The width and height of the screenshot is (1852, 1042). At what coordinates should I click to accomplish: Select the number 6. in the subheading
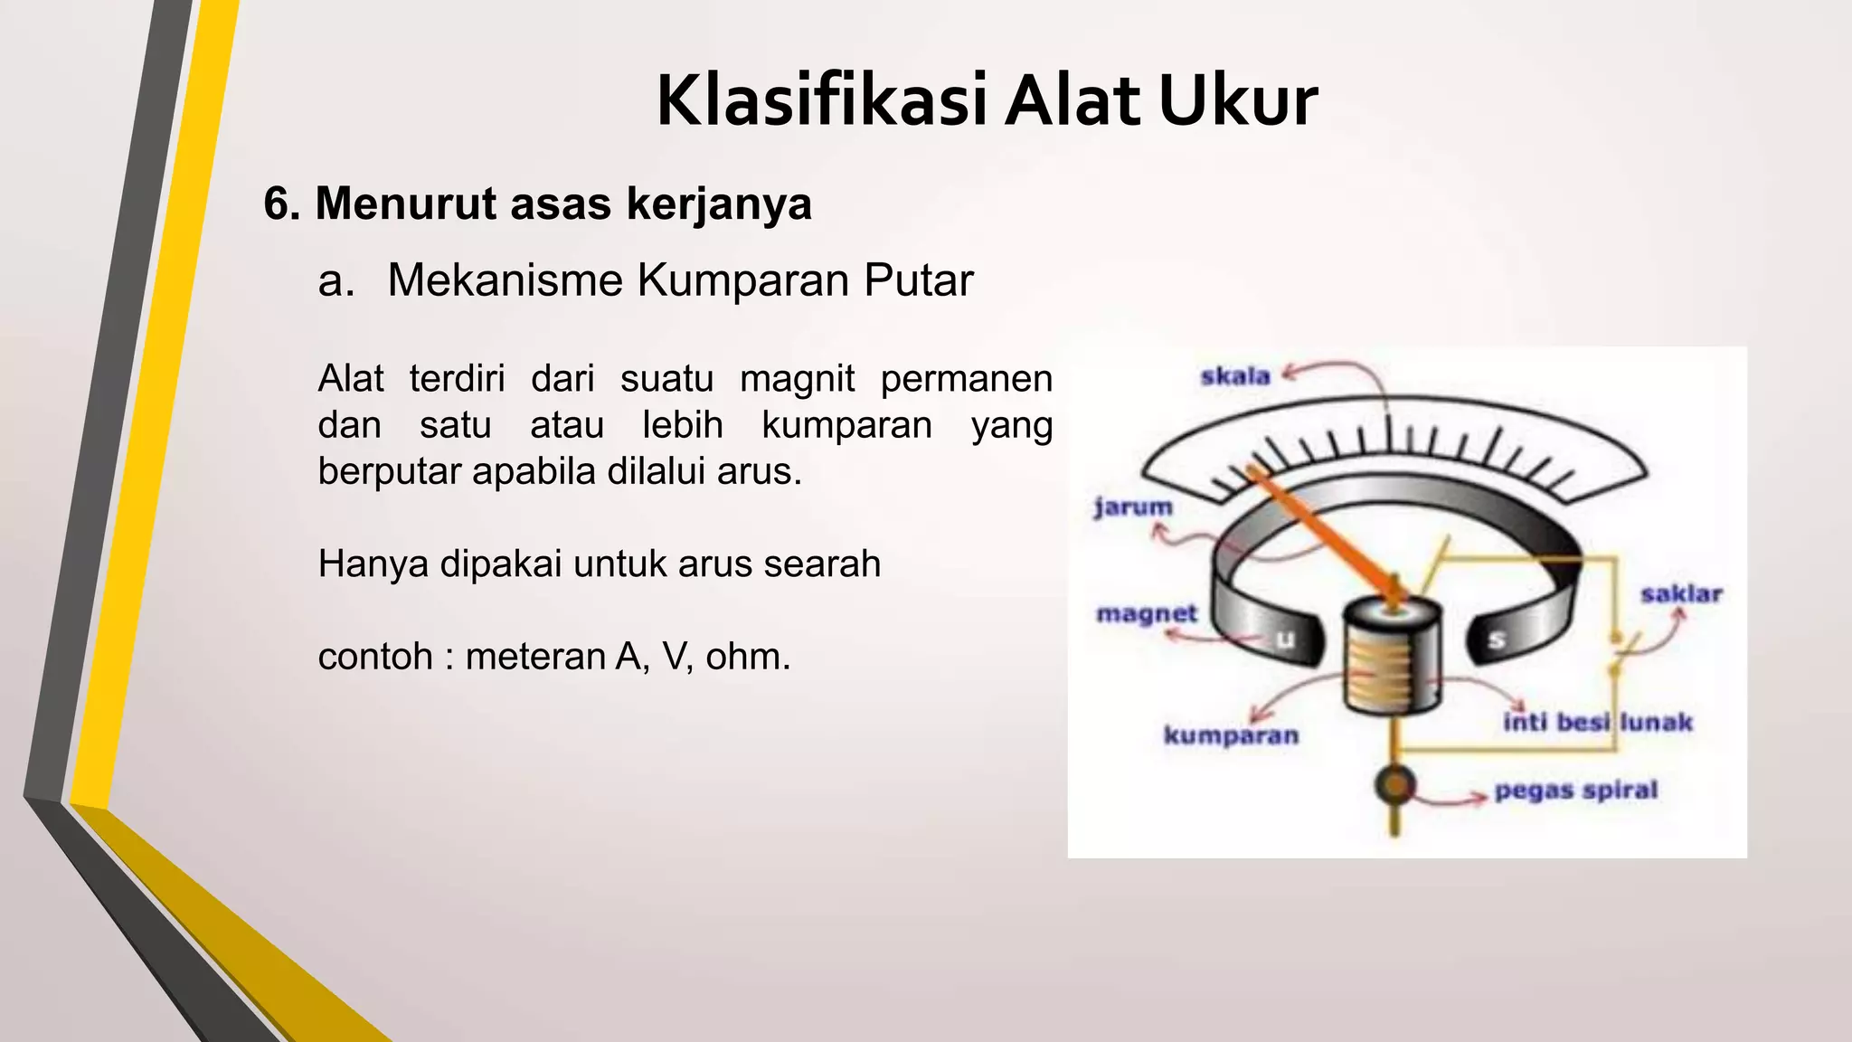pos(282,204)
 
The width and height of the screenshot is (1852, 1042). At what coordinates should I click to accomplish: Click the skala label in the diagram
pos(1235,376)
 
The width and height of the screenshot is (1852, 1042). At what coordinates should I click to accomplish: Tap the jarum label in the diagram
pos(1133,508)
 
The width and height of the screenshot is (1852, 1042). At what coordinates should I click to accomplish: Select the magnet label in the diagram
pos(1147,614)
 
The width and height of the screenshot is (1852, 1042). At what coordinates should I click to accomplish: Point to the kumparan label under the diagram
pos(1231,735)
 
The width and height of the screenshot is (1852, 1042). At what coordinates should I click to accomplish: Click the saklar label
pos(1681,594)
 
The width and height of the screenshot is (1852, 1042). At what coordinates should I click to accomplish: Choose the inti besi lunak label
pos(1597,722)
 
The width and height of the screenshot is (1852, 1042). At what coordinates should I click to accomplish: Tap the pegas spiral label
pos(1575,791)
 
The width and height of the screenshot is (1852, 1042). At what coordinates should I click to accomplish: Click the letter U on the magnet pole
pos(1285,639)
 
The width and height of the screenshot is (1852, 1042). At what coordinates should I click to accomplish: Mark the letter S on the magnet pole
pos(1498,639)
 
